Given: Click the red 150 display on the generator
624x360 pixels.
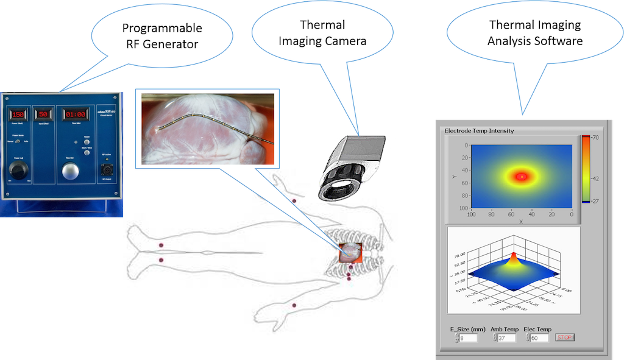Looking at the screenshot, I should (x=18, y=114).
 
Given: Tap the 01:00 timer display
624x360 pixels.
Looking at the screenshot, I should (x=73, y=115).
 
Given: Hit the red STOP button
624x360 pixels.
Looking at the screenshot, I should (x=564, y=337).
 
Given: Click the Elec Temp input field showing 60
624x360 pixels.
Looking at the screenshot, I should (x=539, y=338).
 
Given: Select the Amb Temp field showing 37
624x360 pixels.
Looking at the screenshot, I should (x=506, y=338).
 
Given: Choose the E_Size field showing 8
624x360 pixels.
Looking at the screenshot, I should (x=468, y=338).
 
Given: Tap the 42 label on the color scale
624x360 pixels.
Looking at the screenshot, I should (x=594, y=178).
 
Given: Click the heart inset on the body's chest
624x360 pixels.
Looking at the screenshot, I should (x=350, y=252).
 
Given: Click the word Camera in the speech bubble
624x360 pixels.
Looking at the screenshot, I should (x=346, y=41).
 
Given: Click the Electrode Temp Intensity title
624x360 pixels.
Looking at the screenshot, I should (x=479, y=130).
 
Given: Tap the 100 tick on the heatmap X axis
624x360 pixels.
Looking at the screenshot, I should (x=470, y=214).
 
